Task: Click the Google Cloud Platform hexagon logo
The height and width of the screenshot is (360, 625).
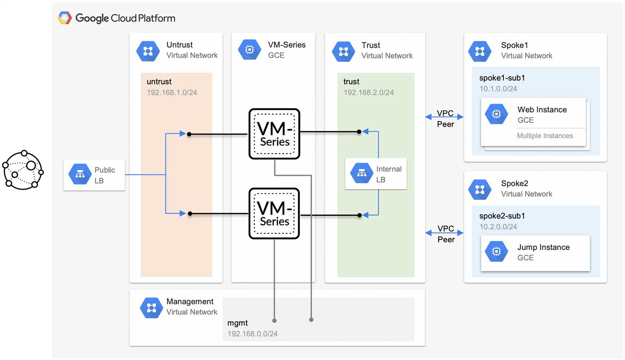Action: (x=64, y=18)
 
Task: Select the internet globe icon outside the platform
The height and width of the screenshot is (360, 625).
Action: (x=23, y=170)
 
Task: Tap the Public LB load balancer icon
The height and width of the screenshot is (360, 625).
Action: (x=80, y=174)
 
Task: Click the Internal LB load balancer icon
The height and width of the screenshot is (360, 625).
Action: (x=362, y=173)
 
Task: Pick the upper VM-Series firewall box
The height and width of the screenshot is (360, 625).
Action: (x=274, y=134)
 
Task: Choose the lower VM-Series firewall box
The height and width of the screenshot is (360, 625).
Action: (x=274, y=213)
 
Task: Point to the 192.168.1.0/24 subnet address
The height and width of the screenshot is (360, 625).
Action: (x=172, y=93)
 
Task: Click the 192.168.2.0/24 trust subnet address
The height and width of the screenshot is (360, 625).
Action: (x=369, y=93)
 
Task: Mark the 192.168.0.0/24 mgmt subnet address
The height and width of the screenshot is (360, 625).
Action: (x=252, y=334)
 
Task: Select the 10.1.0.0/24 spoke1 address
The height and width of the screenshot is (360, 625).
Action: (x=498, y=89)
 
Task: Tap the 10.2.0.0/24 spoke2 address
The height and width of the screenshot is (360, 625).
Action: (x=498, y=227)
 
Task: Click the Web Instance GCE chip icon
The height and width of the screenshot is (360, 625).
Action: (x=496, y=114)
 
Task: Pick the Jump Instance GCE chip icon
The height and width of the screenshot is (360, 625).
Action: (x=496, y=252)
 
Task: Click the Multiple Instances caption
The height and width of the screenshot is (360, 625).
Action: (x=545, y=136)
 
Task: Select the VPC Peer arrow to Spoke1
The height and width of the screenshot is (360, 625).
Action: (x=445, y=117)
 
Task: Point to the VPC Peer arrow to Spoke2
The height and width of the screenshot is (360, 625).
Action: (x=445, y=233)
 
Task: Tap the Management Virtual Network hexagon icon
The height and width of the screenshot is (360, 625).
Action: (x=152, y=308)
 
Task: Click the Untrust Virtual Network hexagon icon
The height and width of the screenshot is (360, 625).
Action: (x=148, y=51)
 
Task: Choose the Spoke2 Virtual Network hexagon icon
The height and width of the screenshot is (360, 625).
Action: (x=480, y=190)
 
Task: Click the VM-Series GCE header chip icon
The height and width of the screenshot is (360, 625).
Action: (x=250, y=50)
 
